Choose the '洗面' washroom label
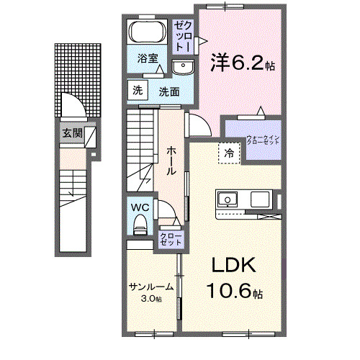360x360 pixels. pos(169,91)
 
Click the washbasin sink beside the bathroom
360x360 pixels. pos(182,68)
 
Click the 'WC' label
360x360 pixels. pos(139,207)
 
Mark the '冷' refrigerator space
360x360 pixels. pos(228,153)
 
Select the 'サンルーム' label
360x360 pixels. pos(151,287)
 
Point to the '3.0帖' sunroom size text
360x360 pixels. pos(151,298)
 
